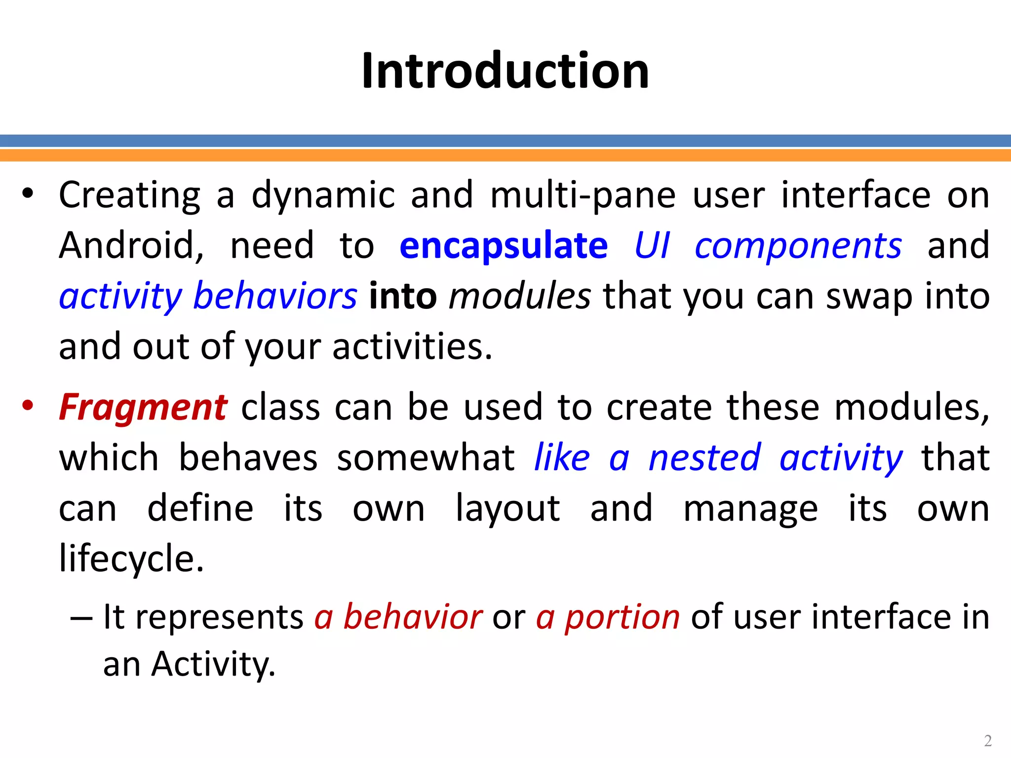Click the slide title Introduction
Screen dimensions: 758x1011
(505, 71)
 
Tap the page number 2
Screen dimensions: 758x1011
(988, 740)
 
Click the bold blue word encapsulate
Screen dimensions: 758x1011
(504, 246)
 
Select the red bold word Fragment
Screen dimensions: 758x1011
(143, 408)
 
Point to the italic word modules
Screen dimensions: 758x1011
(520, 296)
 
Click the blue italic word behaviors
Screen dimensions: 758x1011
(275, 296)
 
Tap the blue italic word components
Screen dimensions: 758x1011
(798, 246)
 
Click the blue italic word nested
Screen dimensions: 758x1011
(704, 458)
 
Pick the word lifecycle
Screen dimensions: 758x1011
(131, 559)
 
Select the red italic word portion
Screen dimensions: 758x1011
(622, 617)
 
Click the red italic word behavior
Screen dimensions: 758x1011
(413, 617)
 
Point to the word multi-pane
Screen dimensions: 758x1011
(583, 195)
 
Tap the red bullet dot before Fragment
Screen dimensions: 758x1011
(28, 406)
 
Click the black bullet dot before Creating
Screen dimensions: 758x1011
(28, 193)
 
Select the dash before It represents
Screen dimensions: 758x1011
(81, 618)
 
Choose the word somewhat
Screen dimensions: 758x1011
(426, 458)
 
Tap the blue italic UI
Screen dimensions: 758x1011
(652, 246)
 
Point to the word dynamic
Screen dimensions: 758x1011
(323, 195)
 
